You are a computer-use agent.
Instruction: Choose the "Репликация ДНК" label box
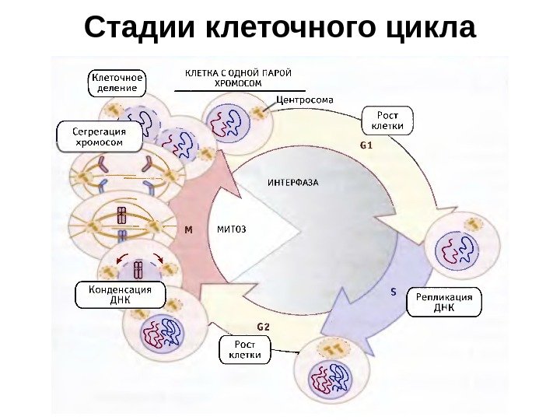pyautogui.click(x=443, y=303)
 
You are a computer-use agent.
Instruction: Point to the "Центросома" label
pyautogui.click(x=306, y=100)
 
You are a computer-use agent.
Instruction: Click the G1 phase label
pyautogui.click(x=366, y=145)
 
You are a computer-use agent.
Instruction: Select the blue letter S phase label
pyautogui.click(x=394, y=293)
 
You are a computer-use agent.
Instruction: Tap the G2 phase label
pyautogui.click(x=263, y=326)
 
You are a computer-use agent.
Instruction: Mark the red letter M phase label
pyautogui.click(x=188, y=230)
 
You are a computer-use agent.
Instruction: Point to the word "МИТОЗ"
pyautogui.click(x=232, y=229)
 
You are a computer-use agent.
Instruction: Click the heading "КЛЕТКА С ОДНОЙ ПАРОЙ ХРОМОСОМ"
pyautogui.click(x=238, y=78)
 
